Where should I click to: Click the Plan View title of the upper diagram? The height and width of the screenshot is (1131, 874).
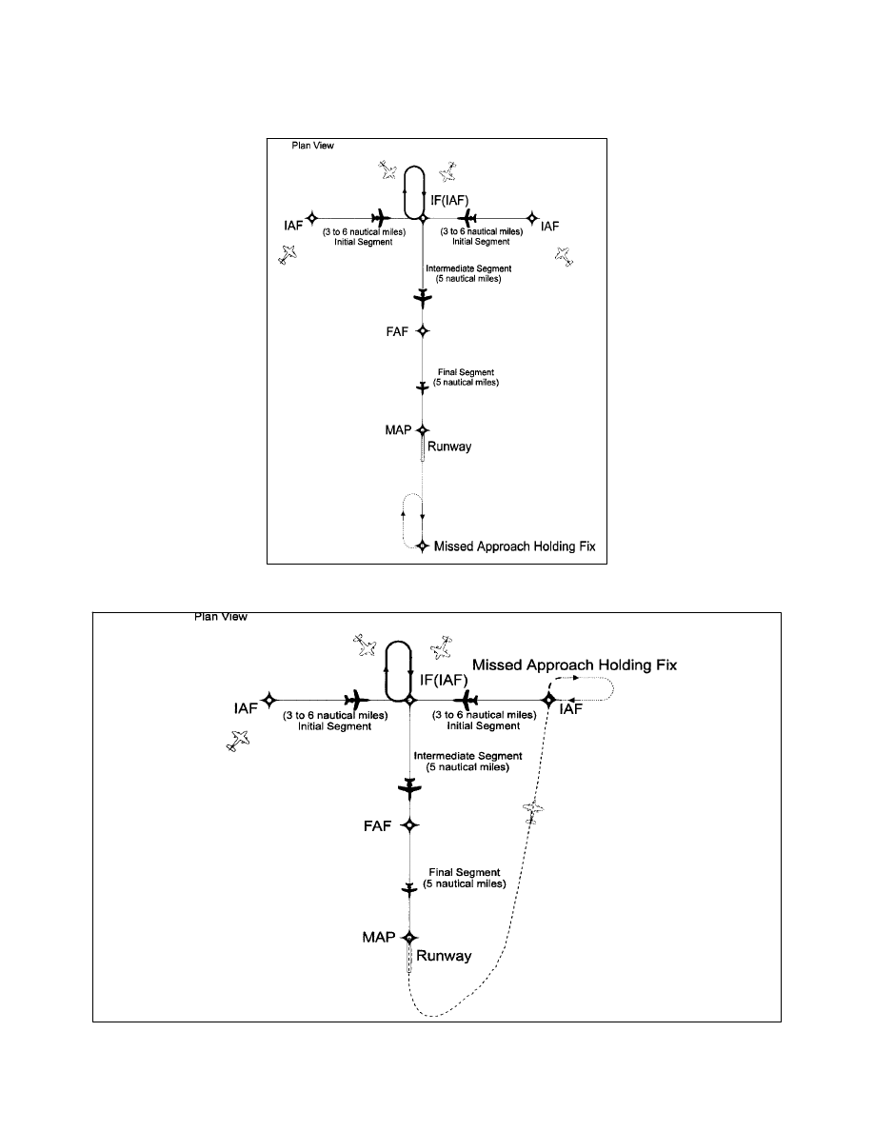pyautogui.click(x=311, y=147)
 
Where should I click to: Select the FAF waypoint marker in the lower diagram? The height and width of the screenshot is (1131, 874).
pyautogui.click(x=409, y=824)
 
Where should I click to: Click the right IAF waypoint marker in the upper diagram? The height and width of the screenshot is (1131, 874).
pyautogui.click(x=533, y=218)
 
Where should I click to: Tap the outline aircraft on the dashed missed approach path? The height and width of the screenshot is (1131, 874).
pyautogui.click(x=534, y=812)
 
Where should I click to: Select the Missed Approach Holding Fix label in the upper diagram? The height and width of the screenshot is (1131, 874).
pyautogui.click(x=515, y=546)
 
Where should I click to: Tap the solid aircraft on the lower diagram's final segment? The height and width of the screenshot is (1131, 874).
pyautogui.click(x=409, y=889)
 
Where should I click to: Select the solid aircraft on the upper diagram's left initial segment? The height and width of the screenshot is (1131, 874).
pyautogui.click(x=381, y=218)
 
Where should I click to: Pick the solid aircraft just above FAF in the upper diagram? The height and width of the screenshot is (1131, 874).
pyautogui.click(x=423, y=299)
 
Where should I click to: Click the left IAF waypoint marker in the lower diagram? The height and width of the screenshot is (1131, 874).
pyautogui.click(x=269, y=699)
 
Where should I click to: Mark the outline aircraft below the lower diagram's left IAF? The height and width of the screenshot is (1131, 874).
pyautogui.click(x=239, y=741)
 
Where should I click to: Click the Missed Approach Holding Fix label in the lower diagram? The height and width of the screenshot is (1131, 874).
pyautogui.click(x=574, y=665)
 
